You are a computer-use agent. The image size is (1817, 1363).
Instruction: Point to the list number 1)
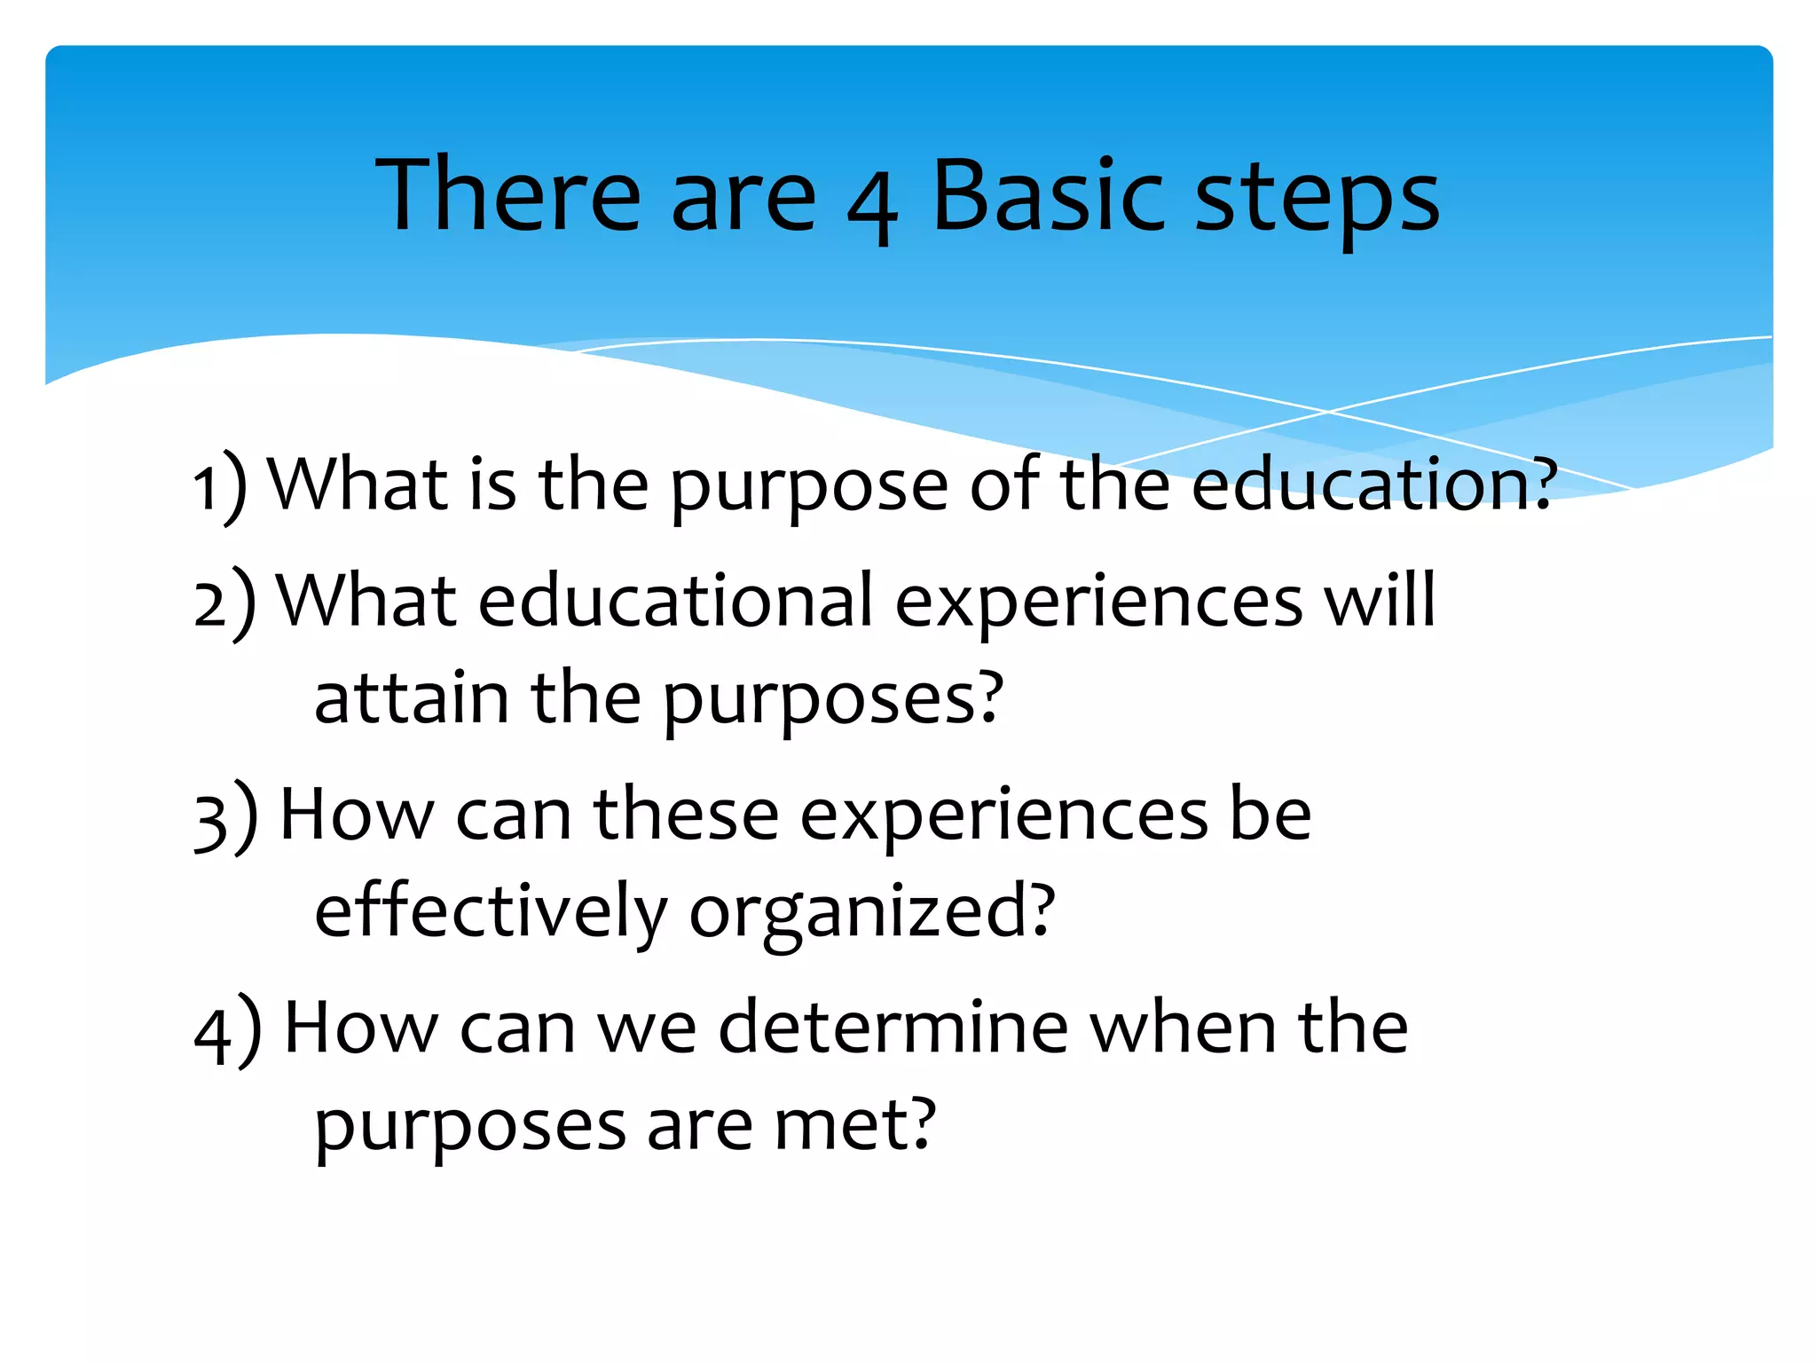pyautogui.click(x=220, y=486)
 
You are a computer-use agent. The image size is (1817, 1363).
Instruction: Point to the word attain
pyautogui.click(x=412, y=698)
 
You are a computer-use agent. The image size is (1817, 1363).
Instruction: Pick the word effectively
pyautogui.click(x=490, y=912)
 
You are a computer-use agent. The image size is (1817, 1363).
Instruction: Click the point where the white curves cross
pyautogui.click(x=1327, y=412)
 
